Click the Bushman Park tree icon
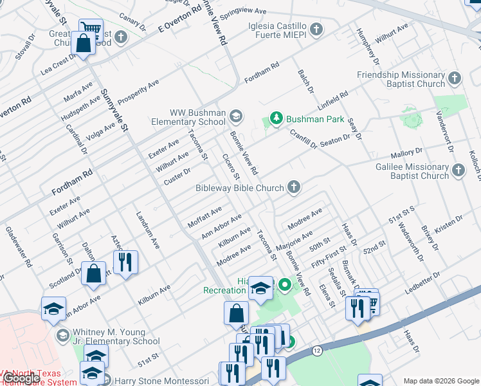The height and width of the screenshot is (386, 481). click(x=276, y=118)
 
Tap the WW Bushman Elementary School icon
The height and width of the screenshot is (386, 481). click(x=236, y=116)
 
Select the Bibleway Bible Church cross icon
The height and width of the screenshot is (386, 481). click(x=294, y=188)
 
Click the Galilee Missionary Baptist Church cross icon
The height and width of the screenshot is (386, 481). click(x=458, y=170)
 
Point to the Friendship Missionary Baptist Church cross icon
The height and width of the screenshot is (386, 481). click(x=455, y=78)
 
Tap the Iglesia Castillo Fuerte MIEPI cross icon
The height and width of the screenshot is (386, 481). click(x=316, y=29)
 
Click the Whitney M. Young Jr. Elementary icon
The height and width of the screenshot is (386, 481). click(x=62, y=335)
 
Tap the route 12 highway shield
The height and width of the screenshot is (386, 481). click(x=317, y=351)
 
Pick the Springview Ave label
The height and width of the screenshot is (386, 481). click(x=242, y=12)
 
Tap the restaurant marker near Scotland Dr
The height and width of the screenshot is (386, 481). click(x=123, y=261)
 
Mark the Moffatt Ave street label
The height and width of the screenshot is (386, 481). click(x=204, y=216)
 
